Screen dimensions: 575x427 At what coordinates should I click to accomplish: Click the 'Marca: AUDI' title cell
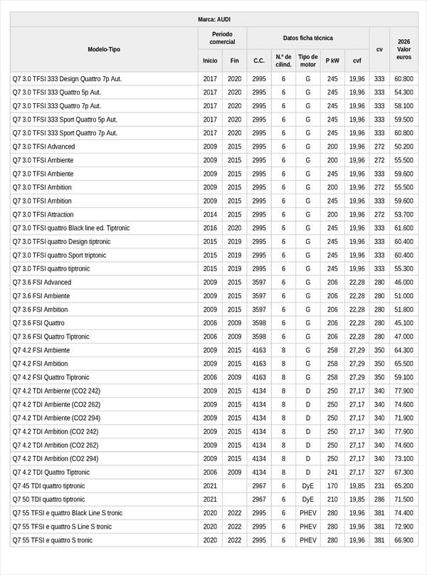click(213, 19)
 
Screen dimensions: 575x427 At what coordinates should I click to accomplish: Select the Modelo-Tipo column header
click(104, 50)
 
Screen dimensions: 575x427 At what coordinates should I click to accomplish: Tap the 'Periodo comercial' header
click(222, 38)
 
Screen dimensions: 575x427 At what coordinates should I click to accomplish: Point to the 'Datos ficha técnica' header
click(307, 38)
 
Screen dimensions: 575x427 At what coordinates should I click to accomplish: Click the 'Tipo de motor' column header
click(308, 60)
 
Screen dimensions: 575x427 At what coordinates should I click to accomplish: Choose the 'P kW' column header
click(332, 61)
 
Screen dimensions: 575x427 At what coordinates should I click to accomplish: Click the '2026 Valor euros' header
click(404, 50)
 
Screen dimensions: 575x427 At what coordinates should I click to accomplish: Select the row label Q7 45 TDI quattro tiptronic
click(48, 486)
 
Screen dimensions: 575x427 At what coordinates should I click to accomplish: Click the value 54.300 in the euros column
click(404, 93)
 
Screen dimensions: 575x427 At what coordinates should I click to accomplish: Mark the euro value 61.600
click(404, 228)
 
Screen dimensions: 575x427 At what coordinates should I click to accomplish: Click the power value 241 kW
click(332, 473)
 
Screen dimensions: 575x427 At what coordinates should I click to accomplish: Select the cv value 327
click(379, 473)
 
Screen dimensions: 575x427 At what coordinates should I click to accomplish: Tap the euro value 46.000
click(404, 283)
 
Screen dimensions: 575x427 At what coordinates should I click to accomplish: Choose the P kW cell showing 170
click(332, 486)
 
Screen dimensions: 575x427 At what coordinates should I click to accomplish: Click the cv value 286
click(379, 500)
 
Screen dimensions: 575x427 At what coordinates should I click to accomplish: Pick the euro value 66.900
click(404, 540)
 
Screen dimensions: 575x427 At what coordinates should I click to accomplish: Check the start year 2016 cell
click(210, 228)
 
